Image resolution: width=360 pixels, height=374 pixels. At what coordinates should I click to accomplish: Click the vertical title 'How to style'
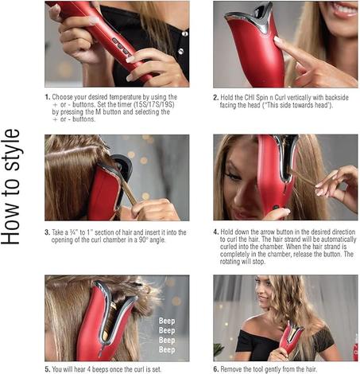point(11,187)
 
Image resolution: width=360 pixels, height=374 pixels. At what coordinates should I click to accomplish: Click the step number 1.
point(48,97)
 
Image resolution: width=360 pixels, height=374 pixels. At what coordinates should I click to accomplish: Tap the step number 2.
point(216,98)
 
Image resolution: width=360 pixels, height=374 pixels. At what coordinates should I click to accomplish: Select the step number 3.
point(47,232)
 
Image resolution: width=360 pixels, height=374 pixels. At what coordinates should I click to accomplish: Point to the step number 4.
point(216,232)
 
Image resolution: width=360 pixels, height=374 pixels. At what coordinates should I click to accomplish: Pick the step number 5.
point(48,369)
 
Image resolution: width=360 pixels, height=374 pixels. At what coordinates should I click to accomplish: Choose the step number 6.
point(216,369)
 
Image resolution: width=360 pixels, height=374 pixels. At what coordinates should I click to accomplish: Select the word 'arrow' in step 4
point(269,232)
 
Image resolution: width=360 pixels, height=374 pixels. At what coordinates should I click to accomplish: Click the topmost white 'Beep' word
point(167,321)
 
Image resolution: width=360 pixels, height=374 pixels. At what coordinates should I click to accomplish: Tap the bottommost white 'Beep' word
point(167,350)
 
